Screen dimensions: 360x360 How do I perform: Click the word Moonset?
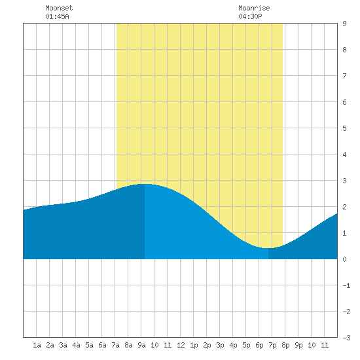[59, 8]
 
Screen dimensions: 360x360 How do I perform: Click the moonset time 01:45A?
[57, 16]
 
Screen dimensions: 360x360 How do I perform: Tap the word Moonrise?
[254, 8]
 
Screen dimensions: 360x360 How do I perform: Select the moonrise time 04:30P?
[250, 16]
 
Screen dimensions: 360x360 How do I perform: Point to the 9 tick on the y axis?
[344, 24]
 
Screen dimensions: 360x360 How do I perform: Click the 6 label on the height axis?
[344, 102]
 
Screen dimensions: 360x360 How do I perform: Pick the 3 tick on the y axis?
[344, 181]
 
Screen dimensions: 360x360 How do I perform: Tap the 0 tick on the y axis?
[344, 259]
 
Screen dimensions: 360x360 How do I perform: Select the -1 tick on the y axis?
[346, 285]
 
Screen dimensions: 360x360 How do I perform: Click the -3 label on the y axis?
[346, 338]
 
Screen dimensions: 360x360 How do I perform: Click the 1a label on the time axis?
[37, 345]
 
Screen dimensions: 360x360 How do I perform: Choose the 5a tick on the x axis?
[89, 345]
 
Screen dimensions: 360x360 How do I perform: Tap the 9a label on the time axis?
[141, 345]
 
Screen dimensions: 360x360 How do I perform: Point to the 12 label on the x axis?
[181, 345]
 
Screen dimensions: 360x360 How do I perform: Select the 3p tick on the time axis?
[220, 345]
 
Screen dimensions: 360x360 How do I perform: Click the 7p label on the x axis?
[272, 345]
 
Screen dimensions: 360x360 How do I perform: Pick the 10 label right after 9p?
[312, 345]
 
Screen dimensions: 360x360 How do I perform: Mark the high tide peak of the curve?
[145, 184]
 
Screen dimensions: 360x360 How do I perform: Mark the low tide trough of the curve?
[268, 248]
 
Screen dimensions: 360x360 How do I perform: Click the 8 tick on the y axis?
[344, 50]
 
